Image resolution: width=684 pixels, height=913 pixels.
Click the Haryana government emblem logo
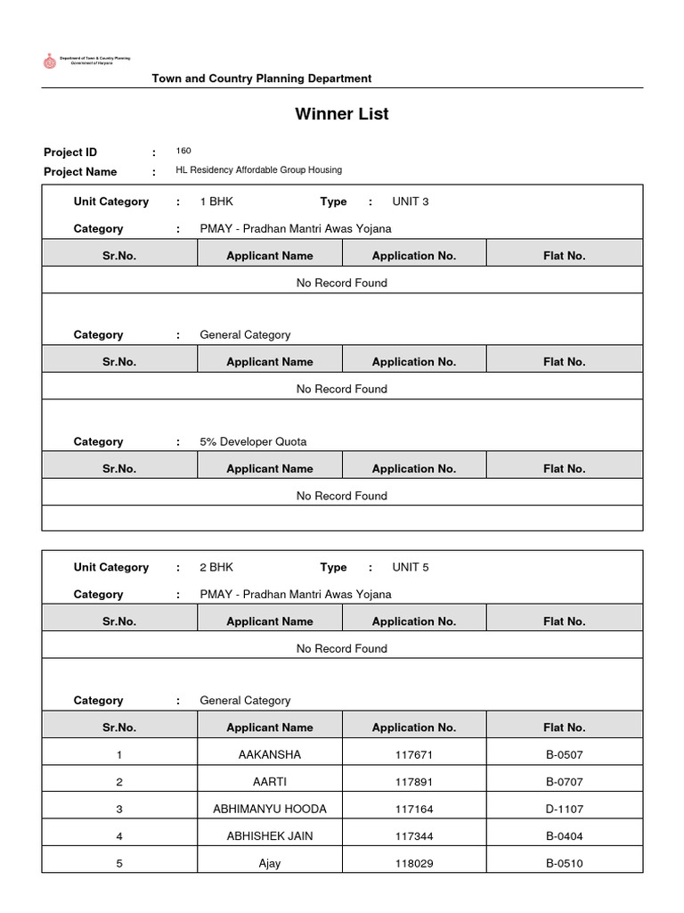click(49, 61)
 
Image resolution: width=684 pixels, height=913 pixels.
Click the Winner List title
click(342, 114)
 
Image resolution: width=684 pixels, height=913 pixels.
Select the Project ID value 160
click(183, 151)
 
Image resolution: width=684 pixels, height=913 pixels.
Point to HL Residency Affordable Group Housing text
click(258, 169)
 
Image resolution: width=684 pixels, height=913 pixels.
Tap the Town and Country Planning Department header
click(261, 78)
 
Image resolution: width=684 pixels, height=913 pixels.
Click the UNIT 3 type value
click(410, 202)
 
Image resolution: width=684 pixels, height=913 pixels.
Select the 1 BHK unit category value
click(216, 202)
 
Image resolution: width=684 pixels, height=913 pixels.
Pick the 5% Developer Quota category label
click(253, 441)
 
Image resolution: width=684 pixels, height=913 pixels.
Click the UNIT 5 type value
click(410, 567)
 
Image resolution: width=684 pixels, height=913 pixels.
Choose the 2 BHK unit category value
click(216, 567)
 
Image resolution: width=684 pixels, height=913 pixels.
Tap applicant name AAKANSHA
click(270, 754)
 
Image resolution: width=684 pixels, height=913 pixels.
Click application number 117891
click(414, 782)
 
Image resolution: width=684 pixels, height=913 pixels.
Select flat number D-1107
click(565, 809)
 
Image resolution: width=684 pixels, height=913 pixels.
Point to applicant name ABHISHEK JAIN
click(270, 836)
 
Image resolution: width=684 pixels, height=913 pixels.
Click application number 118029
click(414, 863)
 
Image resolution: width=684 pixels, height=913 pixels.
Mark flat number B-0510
click(565, 863)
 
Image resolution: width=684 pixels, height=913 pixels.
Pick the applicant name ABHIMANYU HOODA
click(270, 809)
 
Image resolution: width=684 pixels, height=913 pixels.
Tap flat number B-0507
click(565, 754)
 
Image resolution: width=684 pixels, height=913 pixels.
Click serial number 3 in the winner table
click(119, 809)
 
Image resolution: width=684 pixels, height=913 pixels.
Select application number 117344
click(414, 836)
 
